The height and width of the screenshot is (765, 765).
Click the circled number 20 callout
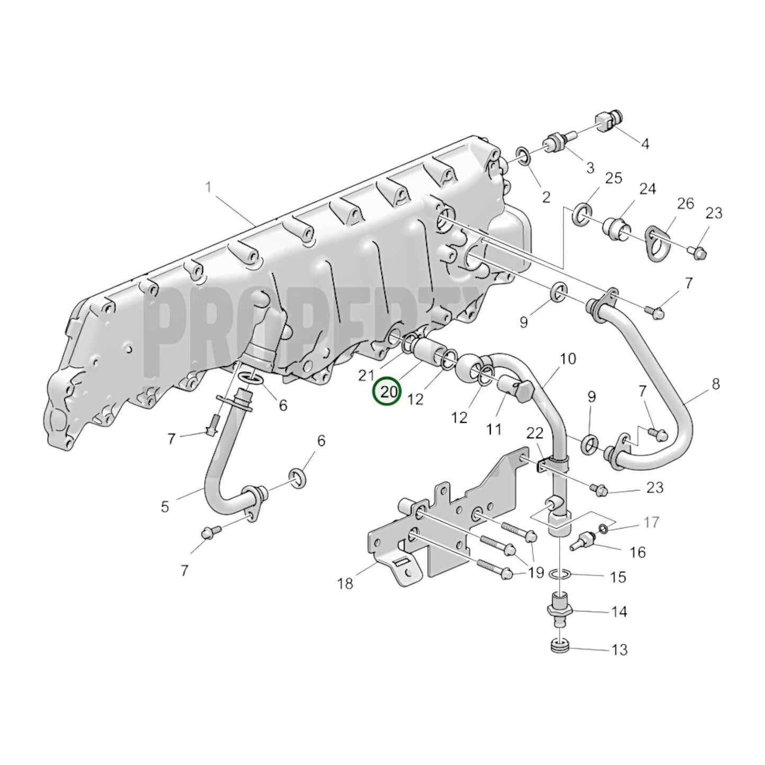(x=387, y=392)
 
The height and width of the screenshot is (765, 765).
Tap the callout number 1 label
(x=209, y=187)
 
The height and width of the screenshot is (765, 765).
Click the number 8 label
(x=716, y=384)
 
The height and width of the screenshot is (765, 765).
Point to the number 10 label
(x=568, y=359)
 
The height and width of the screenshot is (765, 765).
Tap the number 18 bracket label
(x=345, y=583)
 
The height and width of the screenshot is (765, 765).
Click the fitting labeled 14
(x=560, y=611)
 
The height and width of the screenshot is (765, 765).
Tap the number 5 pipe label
(x=165, y=506)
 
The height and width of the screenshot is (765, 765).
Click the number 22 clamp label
(x=535, y=433)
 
